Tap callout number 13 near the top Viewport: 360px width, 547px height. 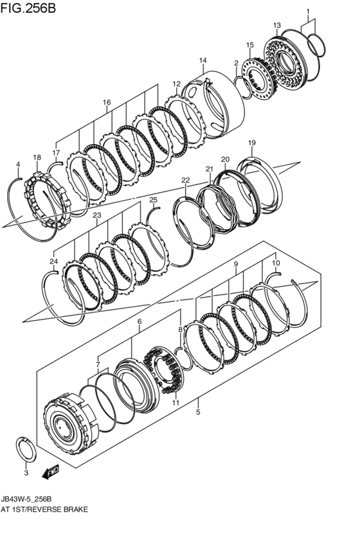[x=277, y=26]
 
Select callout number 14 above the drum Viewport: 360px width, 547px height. [x=202, y=61]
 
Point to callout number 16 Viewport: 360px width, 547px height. [x=107, y=103]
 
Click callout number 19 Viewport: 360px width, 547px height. [x=252, y=143]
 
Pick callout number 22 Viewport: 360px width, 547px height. [x=185, y=181]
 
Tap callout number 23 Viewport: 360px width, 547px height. [x=96, y=216]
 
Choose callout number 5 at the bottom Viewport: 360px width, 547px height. [x=199, y=412]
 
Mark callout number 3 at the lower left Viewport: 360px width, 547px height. [x=26, y=473]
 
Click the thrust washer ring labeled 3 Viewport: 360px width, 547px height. [x=26, y=447]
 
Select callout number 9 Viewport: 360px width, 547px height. [x=236, y=264]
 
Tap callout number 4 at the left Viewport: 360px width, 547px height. [x=19, y=165]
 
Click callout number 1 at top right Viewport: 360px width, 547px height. [x=307, y=12]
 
